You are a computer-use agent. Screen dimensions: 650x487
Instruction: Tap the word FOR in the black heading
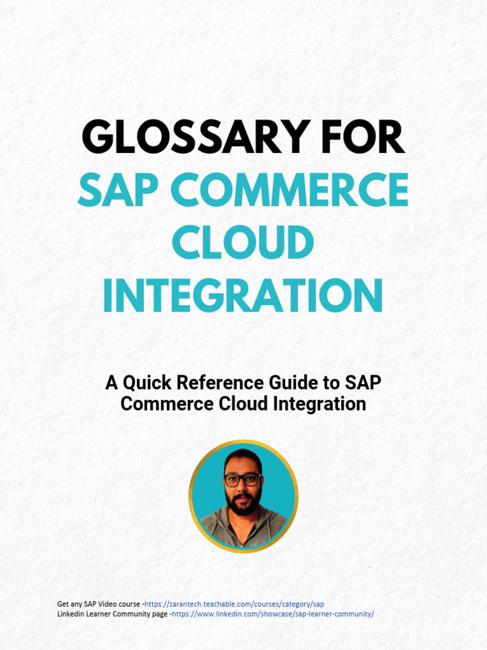366,138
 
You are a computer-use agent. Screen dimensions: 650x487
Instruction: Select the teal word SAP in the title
119,190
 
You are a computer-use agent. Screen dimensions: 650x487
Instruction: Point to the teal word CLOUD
243,243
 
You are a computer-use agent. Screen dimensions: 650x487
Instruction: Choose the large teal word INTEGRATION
243,296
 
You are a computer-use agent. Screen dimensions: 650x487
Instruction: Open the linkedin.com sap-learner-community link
273,614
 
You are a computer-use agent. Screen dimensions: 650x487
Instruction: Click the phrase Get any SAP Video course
98,604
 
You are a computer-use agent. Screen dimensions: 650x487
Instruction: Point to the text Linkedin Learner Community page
112,614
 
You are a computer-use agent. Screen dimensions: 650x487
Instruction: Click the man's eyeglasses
242,480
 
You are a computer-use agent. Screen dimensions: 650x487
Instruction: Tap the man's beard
243,504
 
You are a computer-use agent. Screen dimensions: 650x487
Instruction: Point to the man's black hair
243,458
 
